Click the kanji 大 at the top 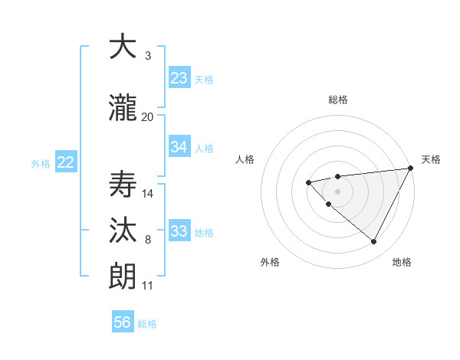click(123, 47)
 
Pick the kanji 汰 click(123, 231)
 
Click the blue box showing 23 click(179, 78)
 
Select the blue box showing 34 click(179, 147)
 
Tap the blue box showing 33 click(179, 231)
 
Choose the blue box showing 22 click(66, 162)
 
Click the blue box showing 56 click(123, 322)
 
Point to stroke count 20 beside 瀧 click(148, 117)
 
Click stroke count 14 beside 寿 click(148, 194)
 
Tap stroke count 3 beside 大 click(148, 56)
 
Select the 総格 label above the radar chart click(338, 100)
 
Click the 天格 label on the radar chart click(431, 159)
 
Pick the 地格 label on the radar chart click(402, 262)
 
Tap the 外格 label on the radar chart click(270, 262)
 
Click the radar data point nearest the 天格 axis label click(411, 168)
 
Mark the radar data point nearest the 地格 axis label click(374, 242)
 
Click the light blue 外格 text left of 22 click(41, 163)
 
